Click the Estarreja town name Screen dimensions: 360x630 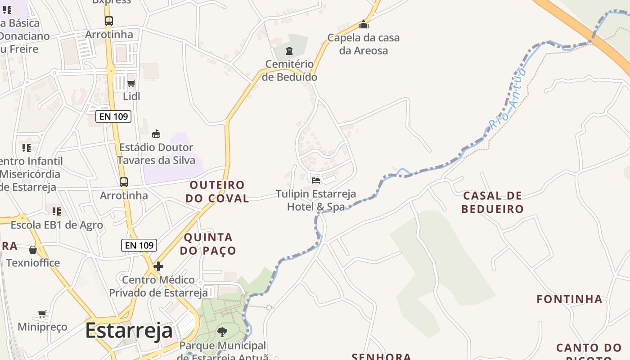click(x=129, y=330)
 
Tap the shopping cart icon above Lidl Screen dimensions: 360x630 click(x=131, y=83)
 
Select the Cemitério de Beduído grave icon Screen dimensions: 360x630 click(x=289, y=51)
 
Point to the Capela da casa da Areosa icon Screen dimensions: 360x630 click(x=364, y=24)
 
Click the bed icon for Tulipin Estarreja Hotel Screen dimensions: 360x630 click(x=316, y=180)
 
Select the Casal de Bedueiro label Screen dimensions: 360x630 click(x=493, y=202)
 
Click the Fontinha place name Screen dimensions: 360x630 click(x=569, y=299)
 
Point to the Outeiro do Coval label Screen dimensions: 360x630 click(x=218, y=191)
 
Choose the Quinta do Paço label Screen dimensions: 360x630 click(x=208, y=243)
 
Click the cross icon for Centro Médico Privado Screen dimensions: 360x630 click(x=158, y=266)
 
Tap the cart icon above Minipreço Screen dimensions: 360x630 click(x=42, y=314)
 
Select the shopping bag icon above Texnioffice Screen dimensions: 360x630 click(x=33, y=250)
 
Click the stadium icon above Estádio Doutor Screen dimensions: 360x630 click(x=156, y=134)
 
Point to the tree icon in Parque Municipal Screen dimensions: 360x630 click(x=222, y=332)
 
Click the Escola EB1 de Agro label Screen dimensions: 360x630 click(x=57, y=225)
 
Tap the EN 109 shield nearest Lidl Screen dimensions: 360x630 click(x=113, y=117)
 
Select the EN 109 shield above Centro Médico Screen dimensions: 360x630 click(x=139, y=245)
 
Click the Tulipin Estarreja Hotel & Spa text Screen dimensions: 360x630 click(x=316, y=200)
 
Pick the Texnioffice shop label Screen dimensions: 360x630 click(x=33, y=262)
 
